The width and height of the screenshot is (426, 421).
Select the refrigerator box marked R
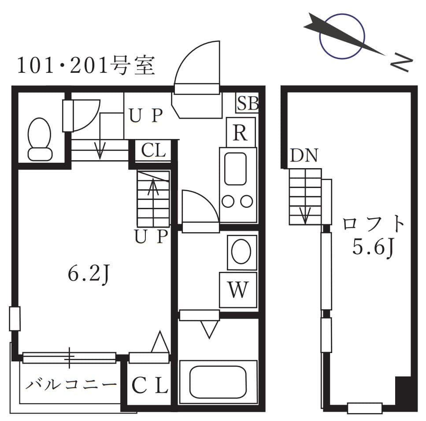[240, 132]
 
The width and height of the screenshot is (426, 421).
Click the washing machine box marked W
[238, 290]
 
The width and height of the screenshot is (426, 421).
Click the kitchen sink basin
[235, 169]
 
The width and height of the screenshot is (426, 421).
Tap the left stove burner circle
[228, 202]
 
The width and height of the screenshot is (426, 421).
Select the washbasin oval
[241, 252]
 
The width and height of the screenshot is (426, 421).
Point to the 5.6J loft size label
[373, 248]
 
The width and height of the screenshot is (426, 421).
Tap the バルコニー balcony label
[70, 384]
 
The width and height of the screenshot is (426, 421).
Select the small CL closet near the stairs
[153, 151]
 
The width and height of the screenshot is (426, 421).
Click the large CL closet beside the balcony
[150, 386]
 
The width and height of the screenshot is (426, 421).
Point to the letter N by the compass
[401, 63]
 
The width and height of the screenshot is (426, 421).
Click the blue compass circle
[342, 36]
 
